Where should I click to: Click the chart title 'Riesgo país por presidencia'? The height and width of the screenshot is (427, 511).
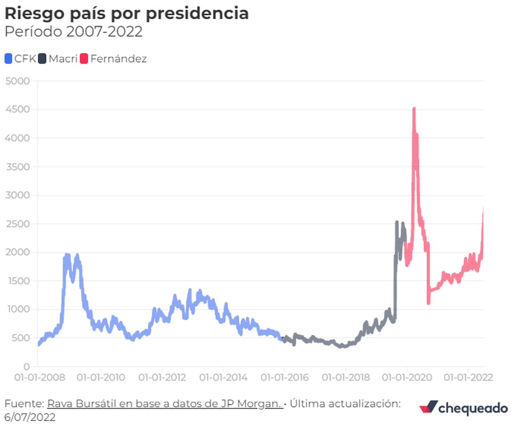126,14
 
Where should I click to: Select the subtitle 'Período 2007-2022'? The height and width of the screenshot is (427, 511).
73,32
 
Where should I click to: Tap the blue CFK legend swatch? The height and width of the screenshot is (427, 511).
9,59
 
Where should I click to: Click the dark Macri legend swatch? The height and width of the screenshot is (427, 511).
42,59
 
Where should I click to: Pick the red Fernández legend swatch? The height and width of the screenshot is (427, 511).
84,59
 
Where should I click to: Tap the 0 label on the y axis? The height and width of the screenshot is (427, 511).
26,366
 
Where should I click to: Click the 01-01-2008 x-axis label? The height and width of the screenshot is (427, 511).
39,378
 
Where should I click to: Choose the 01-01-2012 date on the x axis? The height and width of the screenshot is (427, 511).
162,378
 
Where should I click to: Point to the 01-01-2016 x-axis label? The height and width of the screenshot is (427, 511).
284,378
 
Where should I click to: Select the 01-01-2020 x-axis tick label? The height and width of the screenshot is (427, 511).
407,378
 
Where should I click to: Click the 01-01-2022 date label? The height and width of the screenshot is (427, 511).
468,378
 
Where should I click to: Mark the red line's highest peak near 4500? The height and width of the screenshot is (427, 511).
414,109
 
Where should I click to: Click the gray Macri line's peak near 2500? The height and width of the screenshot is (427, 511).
397,222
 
